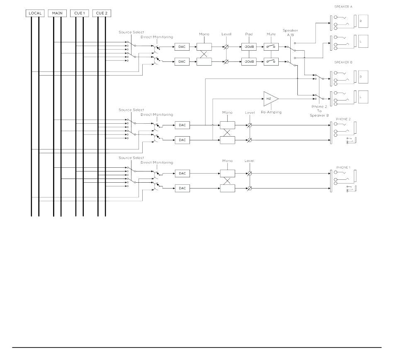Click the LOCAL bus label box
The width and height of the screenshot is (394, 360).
(35, 13)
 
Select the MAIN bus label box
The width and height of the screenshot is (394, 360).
(57, 13)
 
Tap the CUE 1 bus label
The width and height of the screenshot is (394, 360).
(79, 13)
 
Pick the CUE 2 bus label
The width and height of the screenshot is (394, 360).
(102, 13)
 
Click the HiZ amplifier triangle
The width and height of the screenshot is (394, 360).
(271, 99)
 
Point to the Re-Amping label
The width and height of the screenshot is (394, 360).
(271, 112)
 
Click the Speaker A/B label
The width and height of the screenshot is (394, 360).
(290, 32)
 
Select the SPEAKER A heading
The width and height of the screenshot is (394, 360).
(343, 7)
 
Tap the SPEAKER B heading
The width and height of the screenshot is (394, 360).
(343, 62)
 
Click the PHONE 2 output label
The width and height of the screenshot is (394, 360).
(343, 119)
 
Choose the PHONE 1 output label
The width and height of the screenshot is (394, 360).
(343, 167)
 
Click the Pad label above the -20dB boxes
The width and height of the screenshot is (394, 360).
(249, 34)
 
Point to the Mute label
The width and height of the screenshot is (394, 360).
(271, 34)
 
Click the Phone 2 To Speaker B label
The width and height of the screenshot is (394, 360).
(319, 111)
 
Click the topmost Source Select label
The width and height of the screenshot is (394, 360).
(131, 32)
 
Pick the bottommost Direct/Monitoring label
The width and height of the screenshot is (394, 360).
(157, 162)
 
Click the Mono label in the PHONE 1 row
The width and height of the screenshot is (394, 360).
(227, 161)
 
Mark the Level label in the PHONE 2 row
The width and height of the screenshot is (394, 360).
(250, 113)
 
